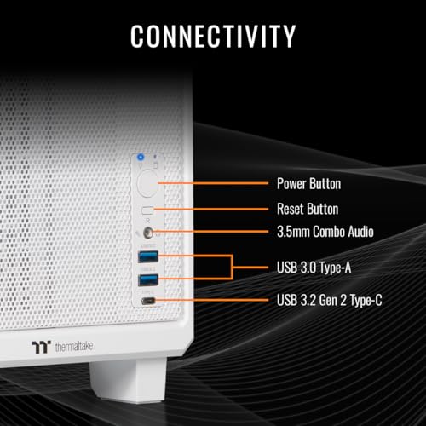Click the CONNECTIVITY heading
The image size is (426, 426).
213,36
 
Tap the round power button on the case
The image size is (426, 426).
147,183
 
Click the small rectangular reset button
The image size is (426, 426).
147,210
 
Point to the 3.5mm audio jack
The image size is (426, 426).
148,233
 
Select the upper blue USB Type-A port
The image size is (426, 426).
148,256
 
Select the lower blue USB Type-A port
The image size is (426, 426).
148,280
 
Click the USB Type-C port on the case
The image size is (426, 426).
148,301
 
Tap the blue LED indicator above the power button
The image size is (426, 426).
141,157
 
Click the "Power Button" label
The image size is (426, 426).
308,184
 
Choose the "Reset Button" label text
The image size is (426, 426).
308,209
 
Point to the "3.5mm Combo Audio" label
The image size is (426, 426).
325,232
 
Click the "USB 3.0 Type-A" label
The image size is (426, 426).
314,268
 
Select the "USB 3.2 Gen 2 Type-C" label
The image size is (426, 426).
330,300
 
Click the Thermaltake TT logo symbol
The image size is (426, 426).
41,347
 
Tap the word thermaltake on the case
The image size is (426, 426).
74,347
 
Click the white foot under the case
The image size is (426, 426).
128,381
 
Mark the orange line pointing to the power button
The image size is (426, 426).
213,183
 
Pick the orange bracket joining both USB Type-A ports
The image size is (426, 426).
233,268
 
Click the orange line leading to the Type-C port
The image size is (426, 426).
211,300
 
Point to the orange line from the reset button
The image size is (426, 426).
210,210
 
